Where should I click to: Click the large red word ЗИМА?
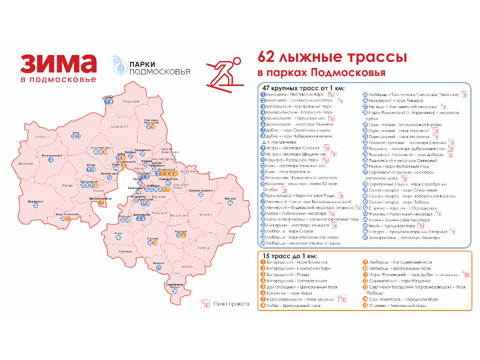(58, 64)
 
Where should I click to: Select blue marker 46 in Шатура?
(230, 203)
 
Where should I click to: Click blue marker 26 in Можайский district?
(35, 205)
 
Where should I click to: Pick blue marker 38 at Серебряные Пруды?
(175, 291)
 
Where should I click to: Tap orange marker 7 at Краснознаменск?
(101, 202)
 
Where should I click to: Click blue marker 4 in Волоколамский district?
(50, 159)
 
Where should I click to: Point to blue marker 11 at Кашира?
(158, 267)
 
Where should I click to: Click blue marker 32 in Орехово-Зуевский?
(200, 194)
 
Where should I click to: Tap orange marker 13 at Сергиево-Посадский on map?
(153, 127)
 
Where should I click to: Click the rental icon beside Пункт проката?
(204, 303)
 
